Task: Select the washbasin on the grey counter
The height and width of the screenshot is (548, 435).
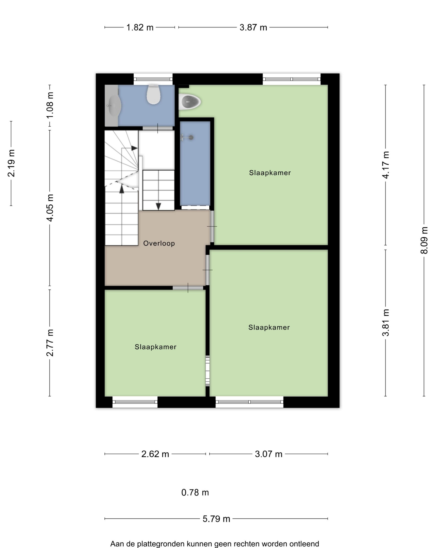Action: coord(113,105)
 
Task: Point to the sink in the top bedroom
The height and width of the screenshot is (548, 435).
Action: coord(190,102)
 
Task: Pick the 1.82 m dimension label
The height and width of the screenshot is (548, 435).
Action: coord(140,28)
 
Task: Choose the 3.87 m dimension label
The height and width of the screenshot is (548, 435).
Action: coord(253,28)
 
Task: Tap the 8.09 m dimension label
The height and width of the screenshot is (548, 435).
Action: coord(424,240)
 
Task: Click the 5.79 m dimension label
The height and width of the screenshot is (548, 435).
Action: coord(216,519)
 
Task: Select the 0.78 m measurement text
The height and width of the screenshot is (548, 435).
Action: coord(195,493)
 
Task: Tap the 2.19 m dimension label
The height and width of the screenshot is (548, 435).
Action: coord(11,163)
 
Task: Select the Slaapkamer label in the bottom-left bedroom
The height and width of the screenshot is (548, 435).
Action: coord(156,347)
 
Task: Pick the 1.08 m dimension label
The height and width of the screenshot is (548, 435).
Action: coord(50,105)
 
